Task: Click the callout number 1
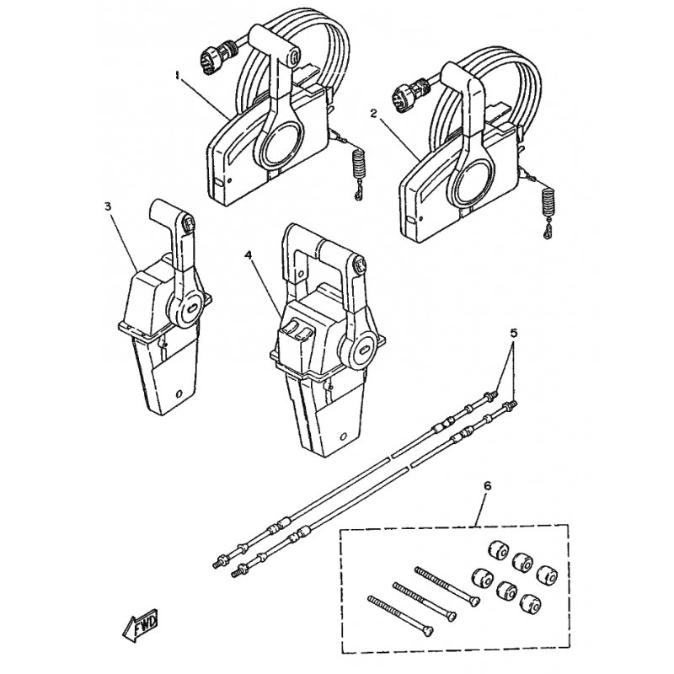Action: (x=178, y=75)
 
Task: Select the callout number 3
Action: (x=107, y=205)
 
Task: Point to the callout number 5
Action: (x=514, y=333)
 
